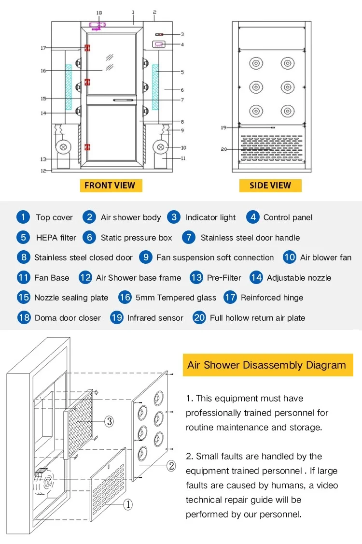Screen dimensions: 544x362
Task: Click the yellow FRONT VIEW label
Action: (110, 186)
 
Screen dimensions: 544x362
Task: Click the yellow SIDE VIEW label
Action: (270, 186)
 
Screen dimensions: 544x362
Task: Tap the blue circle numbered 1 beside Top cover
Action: (23, 217)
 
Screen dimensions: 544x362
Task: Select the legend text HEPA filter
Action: (56, 238)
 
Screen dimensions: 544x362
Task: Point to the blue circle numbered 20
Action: (199, 317)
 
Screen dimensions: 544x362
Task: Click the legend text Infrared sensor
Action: (155, 318)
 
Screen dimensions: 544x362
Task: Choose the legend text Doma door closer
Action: (68, 318)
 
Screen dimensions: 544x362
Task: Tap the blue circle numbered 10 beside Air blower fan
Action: (289, 257)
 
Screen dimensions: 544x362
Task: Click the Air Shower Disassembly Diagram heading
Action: (267, 365)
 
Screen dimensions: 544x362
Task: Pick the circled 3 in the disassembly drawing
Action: (110, 421)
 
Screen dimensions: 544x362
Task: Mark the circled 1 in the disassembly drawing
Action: (128, 504)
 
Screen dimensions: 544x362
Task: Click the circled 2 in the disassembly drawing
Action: (171, 466)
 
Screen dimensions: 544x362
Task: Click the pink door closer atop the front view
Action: (97, 25)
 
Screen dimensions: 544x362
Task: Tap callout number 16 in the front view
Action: (43, 71)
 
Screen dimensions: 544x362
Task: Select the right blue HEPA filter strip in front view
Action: (155, 87)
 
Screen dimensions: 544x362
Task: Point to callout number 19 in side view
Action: (223, 128)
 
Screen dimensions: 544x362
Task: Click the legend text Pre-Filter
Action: (224, 278)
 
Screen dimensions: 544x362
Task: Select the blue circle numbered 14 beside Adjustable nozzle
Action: (256, 277)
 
